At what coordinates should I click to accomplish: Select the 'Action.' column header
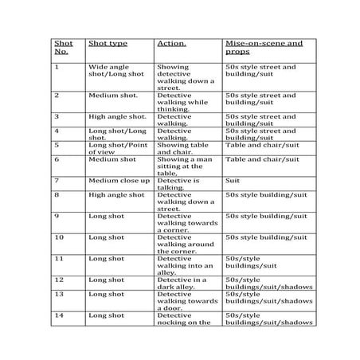tap(171, 44)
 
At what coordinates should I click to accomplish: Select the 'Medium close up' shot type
tap(119, 181)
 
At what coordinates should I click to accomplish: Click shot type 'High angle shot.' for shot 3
tap(117, 115)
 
